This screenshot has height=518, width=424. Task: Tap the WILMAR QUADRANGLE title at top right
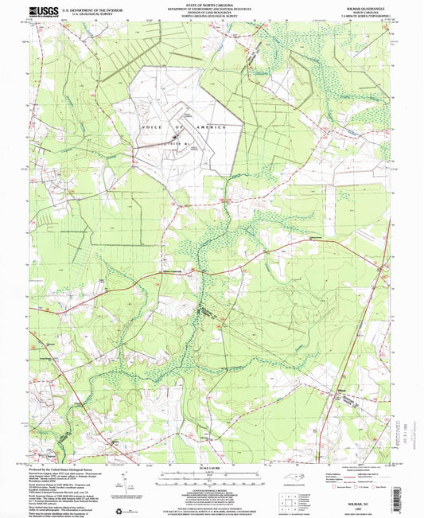tap(360, 6)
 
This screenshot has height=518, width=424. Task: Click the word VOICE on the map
tap(149, 127)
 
